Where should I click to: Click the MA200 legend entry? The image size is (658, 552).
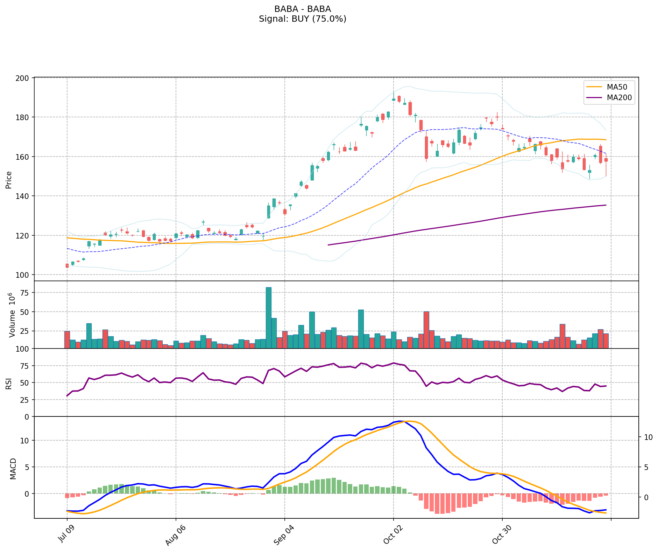point(619,98)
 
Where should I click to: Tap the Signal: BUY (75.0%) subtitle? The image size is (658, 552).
point(303,19)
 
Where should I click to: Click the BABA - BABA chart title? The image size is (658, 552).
point(303,9)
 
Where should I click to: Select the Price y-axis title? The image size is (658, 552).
point(9,180)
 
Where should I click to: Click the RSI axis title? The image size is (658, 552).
point(9,383)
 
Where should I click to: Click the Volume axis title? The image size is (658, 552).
point(13,315)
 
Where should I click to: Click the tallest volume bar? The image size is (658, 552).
point(269,317)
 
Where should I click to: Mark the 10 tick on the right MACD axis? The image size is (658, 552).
point(648,437)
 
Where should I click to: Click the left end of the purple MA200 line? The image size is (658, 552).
point(328,245)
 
